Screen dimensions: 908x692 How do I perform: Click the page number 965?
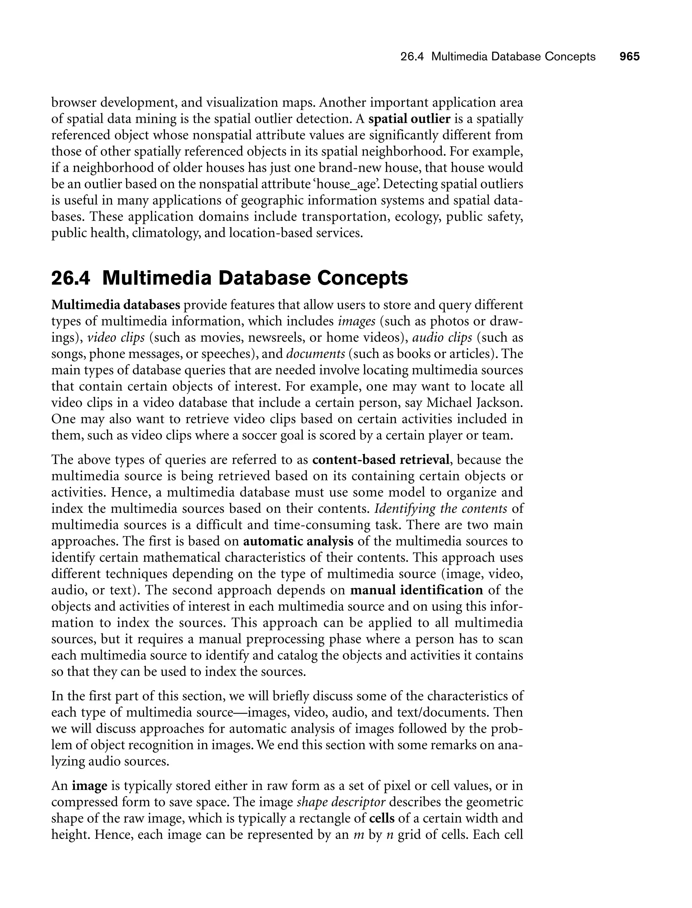tap(629, 56)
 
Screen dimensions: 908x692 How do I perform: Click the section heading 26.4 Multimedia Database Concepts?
tap(229, 278)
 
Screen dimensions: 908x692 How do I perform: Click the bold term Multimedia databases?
tap(116, 305)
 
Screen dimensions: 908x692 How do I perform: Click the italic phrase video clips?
tap(116, 338)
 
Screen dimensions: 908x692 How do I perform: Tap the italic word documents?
tap(315, 354)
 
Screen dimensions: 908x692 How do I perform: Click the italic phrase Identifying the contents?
tap(440, 509)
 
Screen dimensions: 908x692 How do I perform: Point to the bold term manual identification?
tap(416, 590)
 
